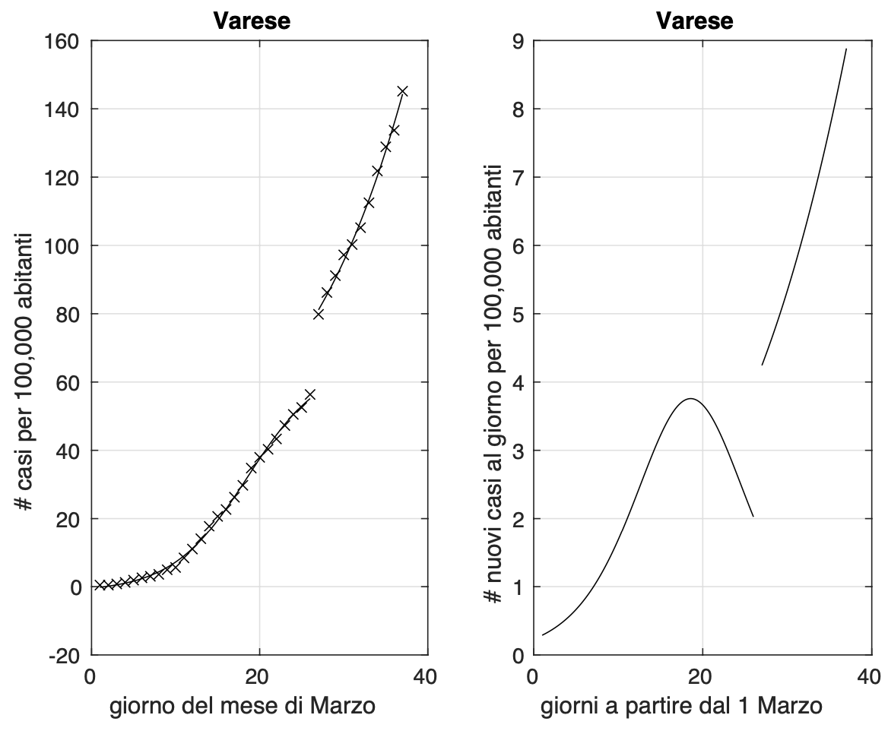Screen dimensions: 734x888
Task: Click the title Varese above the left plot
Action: (252, 21)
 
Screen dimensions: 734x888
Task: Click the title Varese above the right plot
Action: (695, 21)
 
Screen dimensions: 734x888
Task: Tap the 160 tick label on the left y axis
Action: (64, 41)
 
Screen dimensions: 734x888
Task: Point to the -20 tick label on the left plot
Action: (64, 656)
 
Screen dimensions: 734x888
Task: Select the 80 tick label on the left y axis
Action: (68, 315)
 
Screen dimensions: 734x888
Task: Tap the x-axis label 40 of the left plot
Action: (428, 675)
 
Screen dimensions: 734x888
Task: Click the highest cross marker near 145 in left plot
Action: (402, 91)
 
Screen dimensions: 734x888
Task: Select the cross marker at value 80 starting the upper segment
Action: (319, 314)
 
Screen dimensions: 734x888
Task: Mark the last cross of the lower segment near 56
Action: (309, 394)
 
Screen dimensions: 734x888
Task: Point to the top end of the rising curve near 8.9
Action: (846, 49)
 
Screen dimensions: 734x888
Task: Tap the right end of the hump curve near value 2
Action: (753, 517)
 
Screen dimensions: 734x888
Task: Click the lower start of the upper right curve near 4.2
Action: (762, 365)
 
